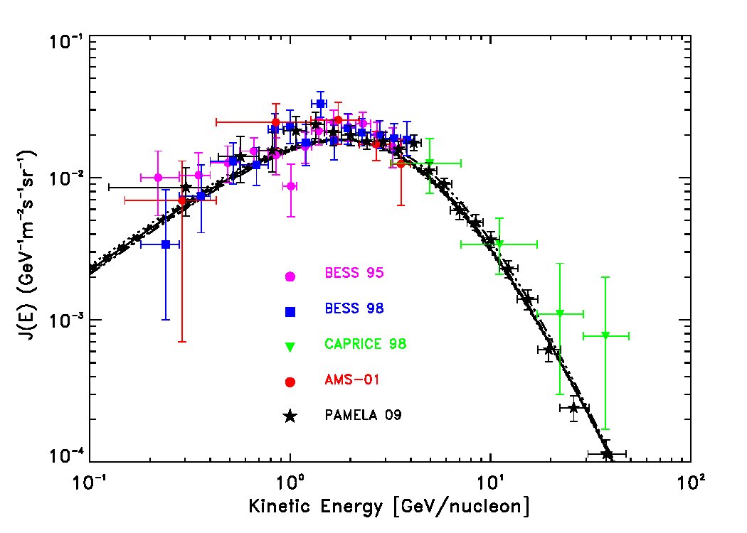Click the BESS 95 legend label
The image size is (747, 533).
pos(354,273)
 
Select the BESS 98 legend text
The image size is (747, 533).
pos(354,308)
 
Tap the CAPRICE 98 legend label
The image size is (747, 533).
pos(366,344)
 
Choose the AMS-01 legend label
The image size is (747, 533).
pos(352,379)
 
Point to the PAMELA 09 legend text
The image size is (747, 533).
pos(363,415)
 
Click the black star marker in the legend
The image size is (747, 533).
pos(290,416)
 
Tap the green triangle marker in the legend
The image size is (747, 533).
pos(290,347)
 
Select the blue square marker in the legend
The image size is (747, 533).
pos(290,312)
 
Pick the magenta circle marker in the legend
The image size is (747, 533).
pos(290,276)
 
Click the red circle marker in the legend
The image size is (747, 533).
pos(290,382)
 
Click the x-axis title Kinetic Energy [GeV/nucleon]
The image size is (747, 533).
pos(389,506)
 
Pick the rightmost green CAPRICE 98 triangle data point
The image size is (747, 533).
pos(605,335)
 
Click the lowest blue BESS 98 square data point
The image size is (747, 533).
pos(166,244)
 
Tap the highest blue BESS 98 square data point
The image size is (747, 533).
pos(321,104)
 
